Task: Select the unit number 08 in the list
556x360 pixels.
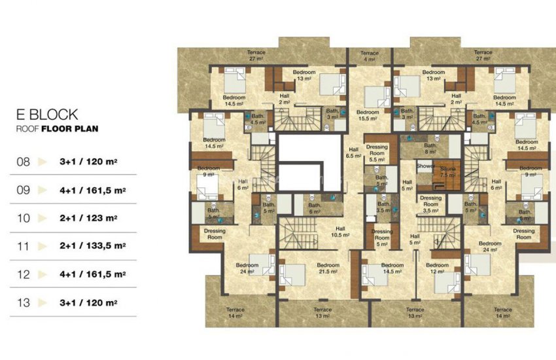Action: click(24, 160)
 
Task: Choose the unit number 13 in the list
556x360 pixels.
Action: click(24, 303)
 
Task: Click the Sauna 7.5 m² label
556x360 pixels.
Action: click(447, 172)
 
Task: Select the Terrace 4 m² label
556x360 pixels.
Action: click(370, 56)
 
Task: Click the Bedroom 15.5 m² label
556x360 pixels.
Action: click(368, 115)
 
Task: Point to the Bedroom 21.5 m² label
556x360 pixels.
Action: click(328, 268)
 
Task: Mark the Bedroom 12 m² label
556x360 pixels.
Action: click(437, 268)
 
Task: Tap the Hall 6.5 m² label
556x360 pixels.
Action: click(353, 153)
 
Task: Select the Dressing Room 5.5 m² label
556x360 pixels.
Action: click(377, 153)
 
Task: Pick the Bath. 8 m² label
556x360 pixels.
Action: click(430, 149)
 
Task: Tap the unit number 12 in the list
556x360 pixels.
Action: click(24, 275)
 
